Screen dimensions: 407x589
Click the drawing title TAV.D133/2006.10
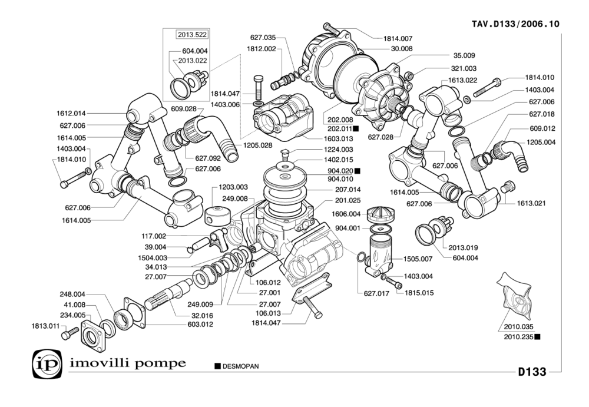(x=515, y=24)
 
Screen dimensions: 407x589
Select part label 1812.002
(x=262, y=49)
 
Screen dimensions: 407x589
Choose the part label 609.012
(x=542, y=128)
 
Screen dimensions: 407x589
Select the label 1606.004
(x=346, y=214)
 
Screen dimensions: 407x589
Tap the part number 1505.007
(x=418, y=258)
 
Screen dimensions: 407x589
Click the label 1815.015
(x=418, y=292)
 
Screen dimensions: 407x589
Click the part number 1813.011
(x=45, y=325)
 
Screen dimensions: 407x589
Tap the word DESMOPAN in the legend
(x=240, y=366)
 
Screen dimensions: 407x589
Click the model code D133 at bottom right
(x=532, y=372)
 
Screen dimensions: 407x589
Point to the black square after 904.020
(x=357, y=170)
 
